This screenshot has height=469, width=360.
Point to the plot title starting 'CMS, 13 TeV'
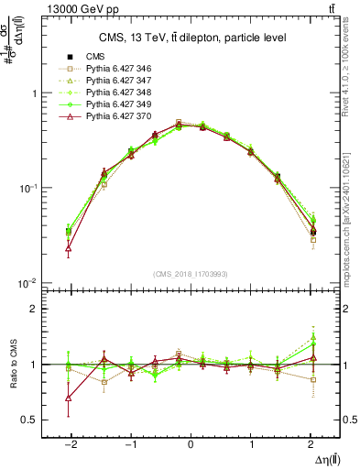point(191,38)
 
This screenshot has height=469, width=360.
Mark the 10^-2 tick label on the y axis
point(28,283)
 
